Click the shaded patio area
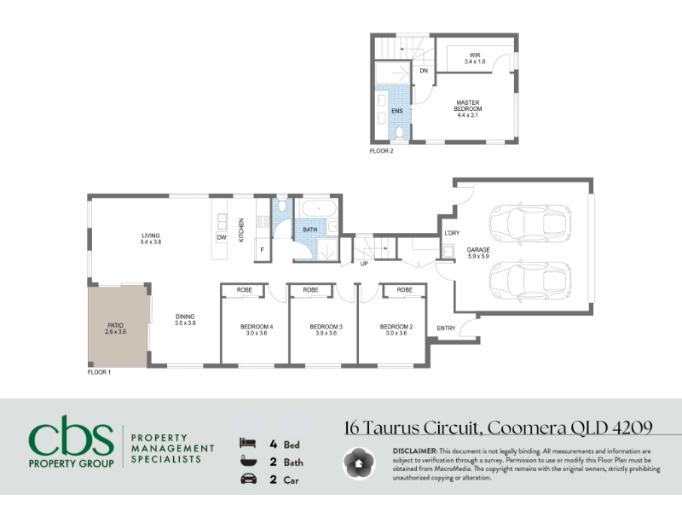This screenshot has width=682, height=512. coord(118,327)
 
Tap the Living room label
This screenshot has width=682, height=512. coord(151,239)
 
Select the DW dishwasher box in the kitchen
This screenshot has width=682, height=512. coord(222,237)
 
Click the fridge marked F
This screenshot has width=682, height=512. coord(263,250)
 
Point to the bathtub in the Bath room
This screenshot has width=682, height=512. coord(319,209)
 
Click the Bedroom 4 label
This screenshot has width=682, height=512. coord(257,330)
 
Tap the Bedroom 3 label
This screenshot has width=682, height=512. coord(327,330)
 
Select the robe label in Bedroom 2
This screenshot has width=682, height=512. coord(404,290)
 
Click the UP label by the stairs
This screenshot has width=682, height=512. coord(364,264)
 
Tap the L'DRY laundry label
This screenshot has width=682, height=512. coord(452,233)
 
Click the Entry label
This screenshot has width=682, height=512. coord(446,329)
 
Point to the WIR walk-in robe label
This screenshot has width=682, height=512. coord(475,58)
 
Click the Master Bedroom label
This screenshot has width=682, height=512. coord(468,109)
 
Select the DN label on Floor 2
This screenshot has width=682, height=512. coord(424,71)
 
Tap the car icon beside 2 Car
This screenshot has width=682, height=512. coord(248,479)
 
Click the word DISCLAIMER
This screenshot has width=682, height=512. coord(414,451)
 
